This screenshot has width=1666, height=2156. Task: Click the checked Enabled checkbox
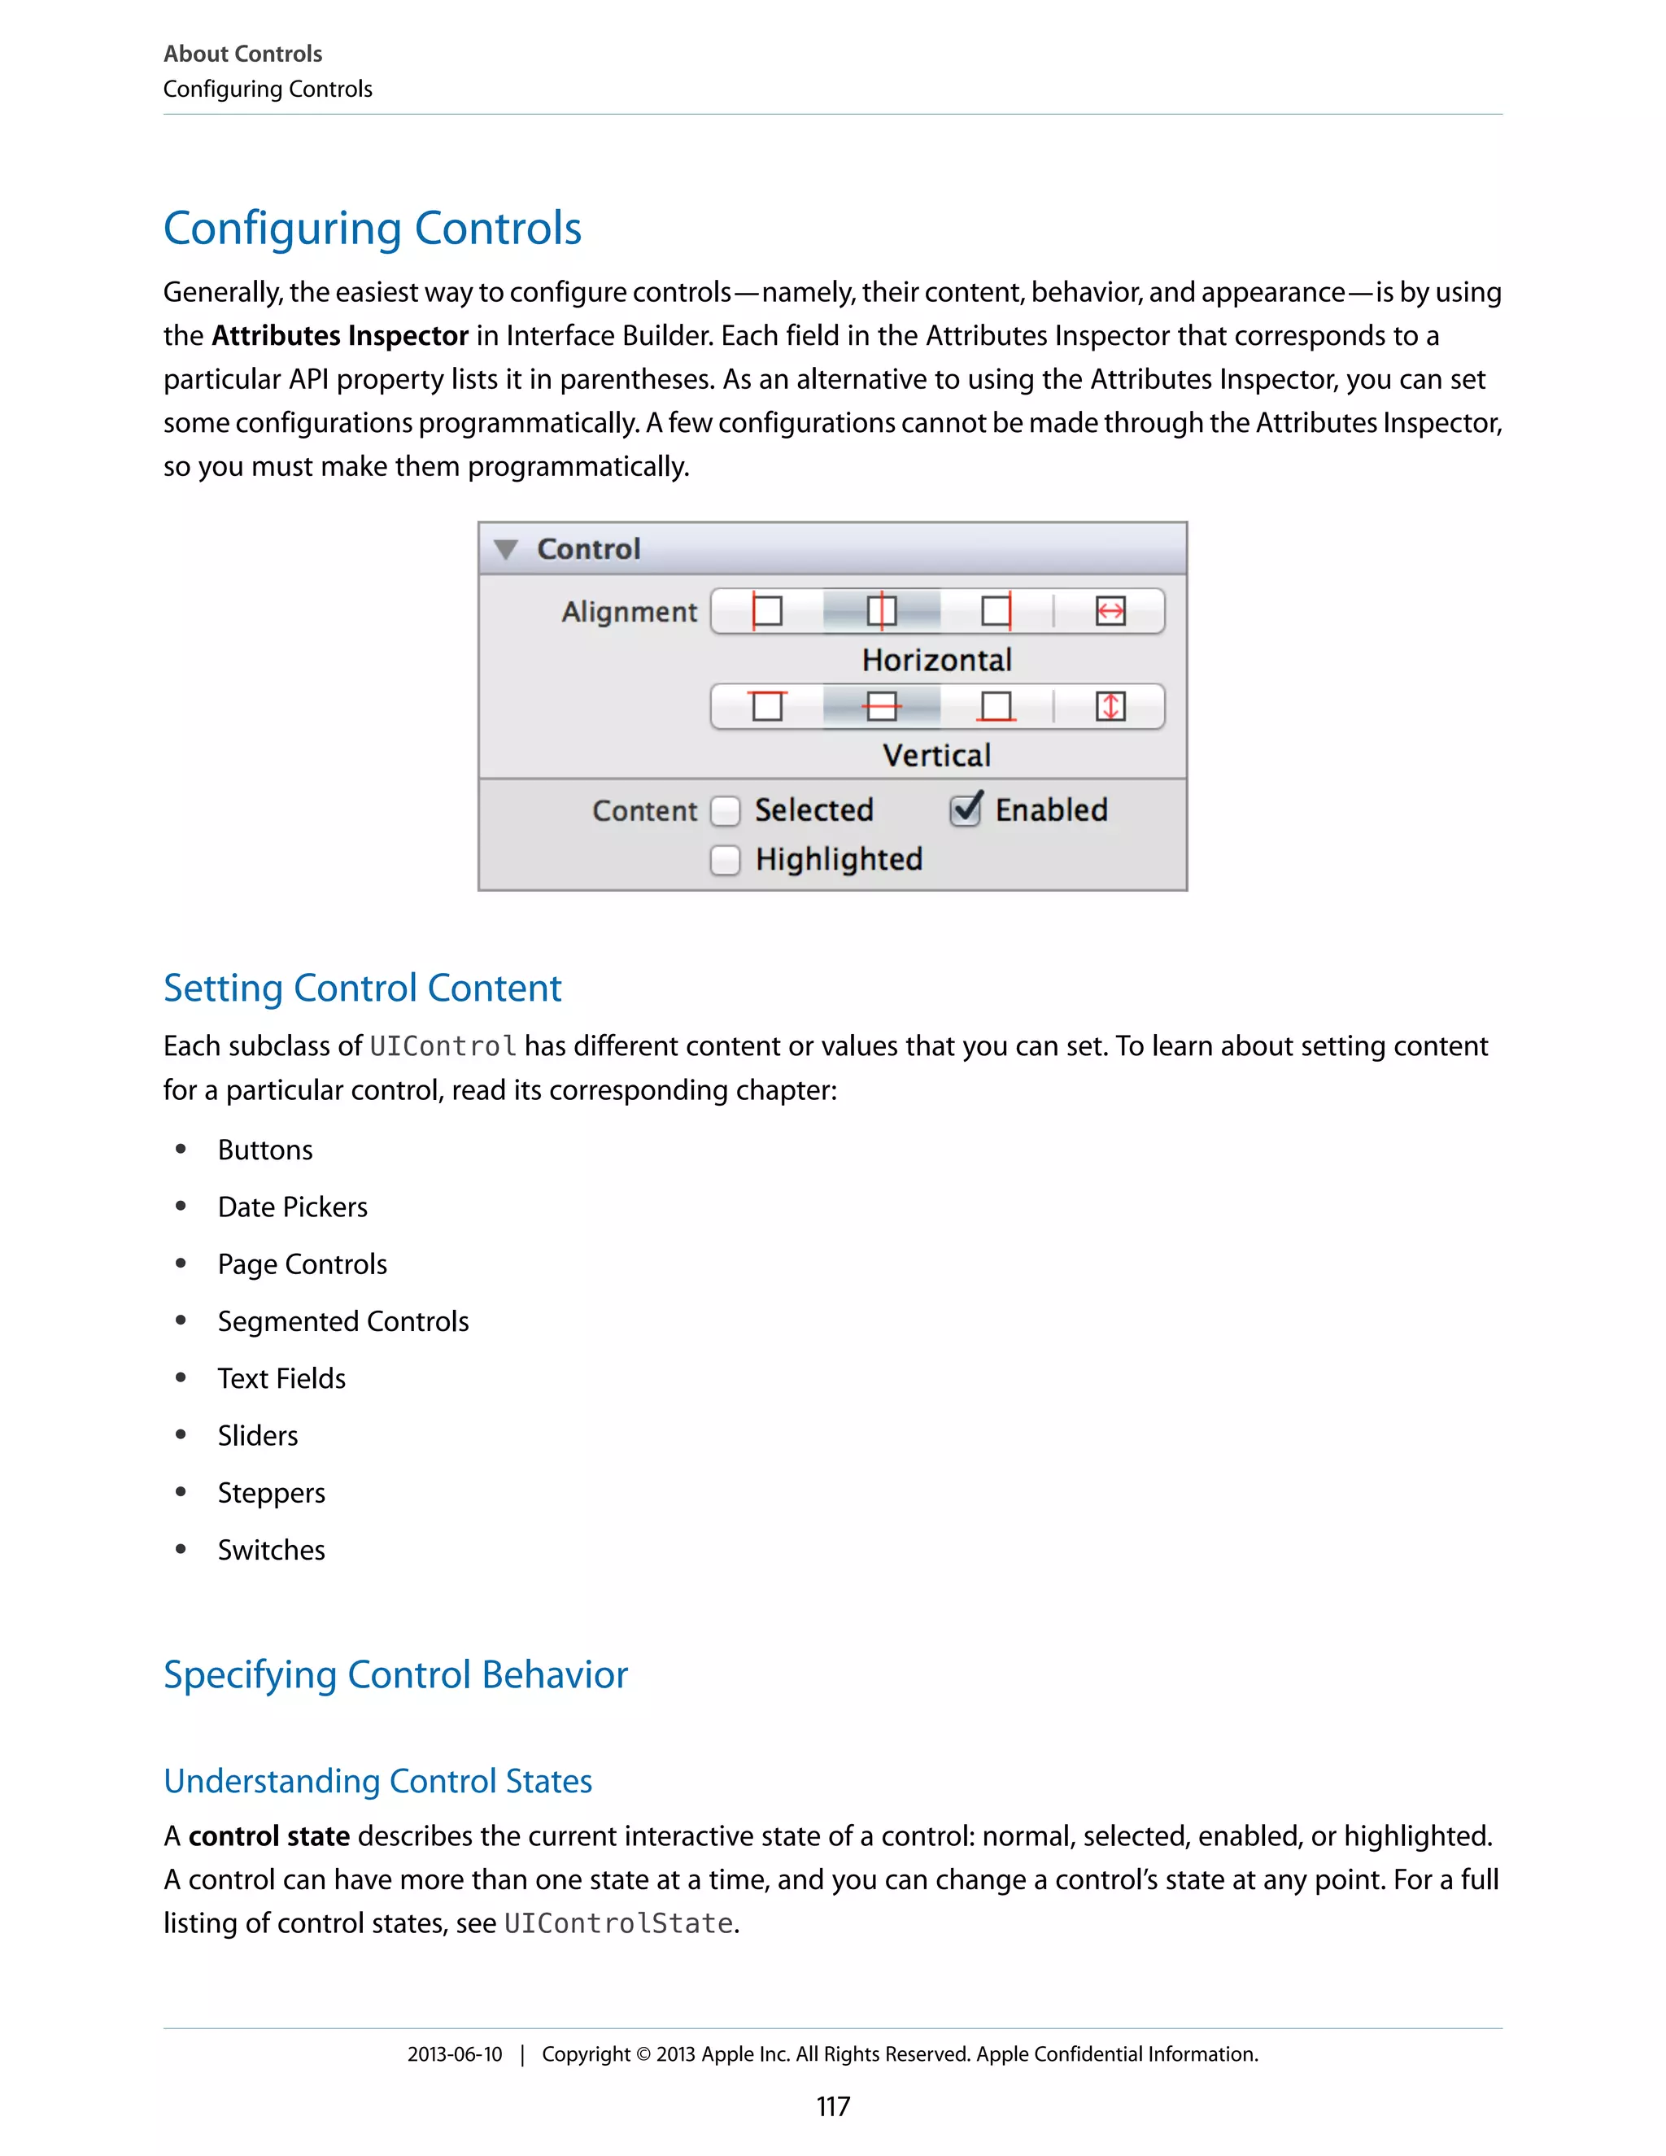click(x=966, y=810)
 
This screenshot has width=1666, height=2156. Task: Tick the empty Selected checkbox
click(x=726, y=811)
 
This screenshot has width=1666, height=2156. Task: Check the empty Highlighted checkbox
click(x=726, y=860)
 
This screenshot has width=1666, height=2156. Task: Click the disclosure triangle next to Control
click(x=506, y=550)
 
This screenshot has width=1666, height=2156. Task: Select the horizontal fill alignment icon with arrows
click(x=1110, y=611)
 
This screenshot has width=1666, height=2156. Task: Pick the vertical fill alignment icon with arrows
click(x=1110, y=707)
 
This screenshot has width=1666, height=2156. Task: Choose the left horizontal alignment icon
click(x=767, y=611)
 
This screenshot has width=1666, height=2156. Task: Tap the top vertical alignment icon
click(x=767, y=707)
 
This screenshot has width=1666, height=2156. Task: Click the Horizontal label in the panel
click(x=936, y=660)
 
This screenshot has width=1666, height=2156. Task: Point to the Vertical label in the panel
click(x=936, y=755)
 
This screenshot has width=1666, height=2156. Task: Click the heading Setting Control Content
click(x=362, y=989)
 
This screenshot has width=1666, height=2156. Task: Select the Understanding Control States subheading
click(x=378, y=1781)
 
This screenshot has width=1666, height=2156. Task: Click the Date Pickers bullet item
click(x=292, y=1207)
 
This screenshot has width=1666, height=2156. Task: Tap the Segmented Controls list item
click(x=342, y=1322)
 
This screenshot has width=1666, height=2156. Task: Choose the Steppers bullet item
click(x=272, y=1493)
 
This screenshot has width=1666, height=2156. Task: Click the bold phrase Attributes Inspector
click(x=339, y=336)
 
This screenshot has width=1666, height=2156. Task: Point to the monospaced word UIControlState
click(x=618, y=1923)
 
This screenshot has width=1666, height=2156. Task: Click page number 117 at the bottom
click(x=833, y=2106)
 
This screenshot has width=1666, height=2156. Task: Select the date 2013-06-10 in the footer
click(x=455, y=2054)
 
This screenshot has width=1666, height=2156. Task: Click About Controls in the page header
click(x=242, y=54)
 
